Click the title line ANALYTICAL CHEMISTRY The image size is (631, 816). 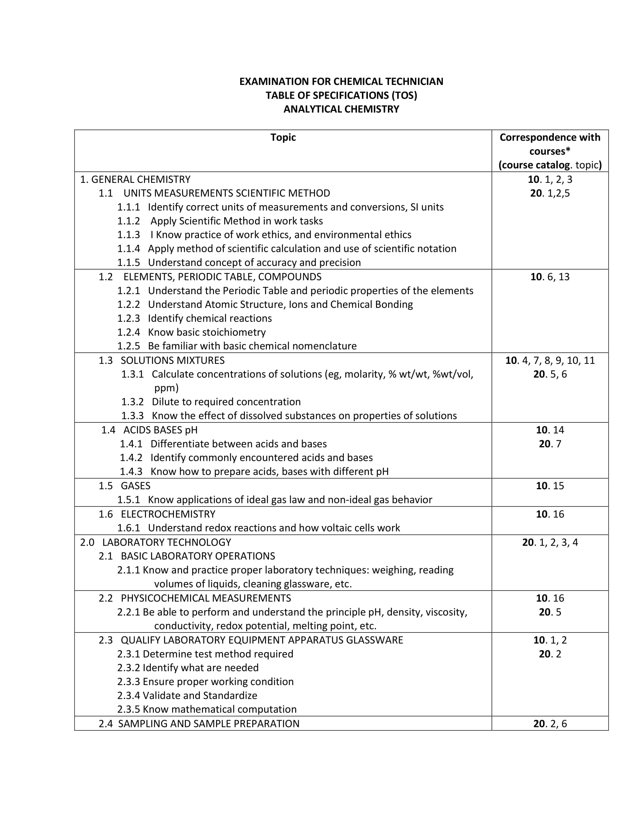coord(341,109)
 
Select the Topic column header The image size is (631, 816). coord(283,138)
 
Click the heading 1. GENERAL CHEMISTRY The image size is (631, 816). coord(135,180)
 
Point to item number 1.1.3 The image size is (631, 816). coord(128,235)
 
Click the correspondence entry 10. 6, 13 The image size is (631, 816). coord(549,277)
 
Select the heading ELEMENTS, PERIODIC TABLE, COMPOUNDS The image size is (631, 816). coord(222,277)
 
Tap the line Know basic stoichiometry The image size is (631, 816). coord(206,332)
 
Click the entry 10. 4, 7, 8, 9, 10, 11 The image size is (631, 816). coord(549,361)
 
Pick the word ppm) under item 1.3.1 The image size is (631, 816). coord(166,388)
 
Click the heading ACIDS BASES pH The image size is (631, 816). coord(160,430)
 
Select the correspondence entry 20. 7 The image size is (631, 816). coord(549,444)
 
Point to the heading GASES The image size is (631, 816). coord(135,486)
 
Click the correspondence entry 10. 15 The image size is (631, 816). coord(549,486)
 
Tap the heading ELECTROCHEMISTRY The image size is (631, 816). coord(168,514)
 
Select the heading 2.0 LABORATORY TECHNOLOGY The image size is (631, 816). coord(156,542)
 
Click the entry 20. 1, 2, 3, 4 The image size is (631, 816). coord(549,542)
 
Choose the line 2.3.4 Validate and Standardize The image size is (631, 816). coord(187,695)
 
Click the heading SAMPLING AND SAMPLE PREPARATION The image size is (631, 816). coord(209,724)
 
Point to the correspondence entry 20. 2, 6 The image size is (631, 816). coord(549,724)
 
